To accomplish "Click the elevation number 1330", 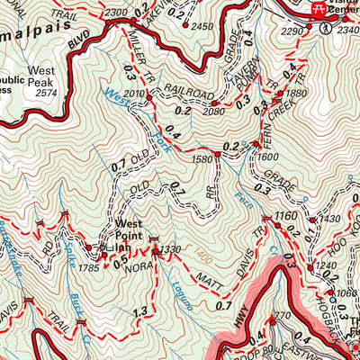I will tap(171, 249).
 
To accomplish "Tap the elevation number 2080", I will tap(212, 111).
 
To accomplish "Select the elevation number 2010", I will tap(134, 94).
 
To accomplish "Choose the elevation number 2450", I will tap(203, 27).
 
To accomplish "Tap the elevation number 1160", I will tap(285, 216).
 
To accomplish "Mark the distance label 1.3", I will tap(139, 312).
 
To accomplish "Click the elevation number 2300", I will tap(116, 13).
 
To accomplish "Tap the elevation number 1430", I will tap(330, 219).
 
